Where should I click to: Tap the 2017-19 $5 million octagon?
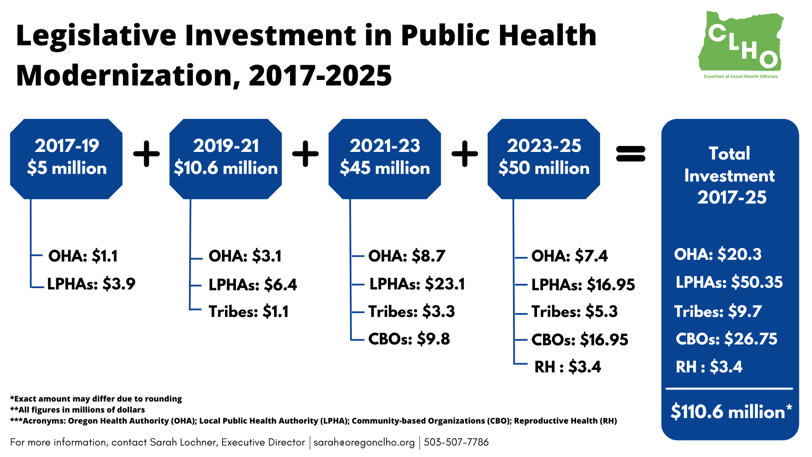66,158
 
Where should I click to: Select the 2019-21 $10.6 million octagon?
225,158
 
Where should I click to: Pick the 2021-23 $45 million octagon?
384,158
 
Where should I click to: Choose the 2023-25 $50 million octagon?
543,158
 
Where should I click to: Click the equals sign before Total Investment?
631,154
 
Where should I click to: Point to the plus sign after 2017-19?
146,154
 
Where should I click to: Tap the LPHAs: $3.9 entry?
91,284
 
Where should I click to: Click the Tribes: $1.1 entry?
249,312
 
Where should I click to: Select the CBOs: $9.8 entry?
409,339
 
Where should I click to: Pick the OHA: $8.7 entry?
406,256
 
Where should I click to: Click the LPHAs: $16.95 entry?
583,285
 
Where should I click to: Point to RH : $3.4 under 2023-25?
568,367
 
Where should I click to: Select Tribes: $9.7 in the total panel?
718,312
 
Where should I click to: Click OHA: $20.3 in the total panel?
718,254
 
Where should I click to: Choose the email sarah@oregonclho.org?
364,442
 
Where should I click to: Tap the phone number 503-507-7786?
456,442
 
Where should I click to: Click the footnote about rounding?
96,399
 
